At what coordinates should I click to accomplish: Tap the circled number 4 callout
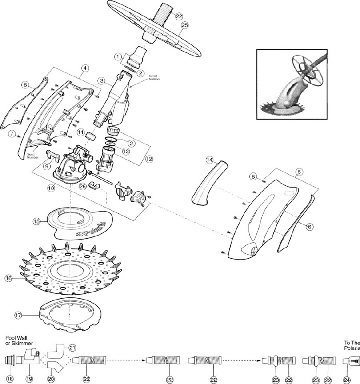tap(85, 68)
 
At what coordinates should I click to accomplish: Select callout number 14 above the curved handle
tap(210, 160)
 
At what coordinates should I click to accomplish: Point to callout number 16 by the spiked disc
tap(8, 278)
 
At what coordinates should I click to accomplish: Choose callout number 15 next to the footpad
tap(37, 221)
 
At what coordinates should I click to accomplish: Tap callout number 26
tap(82, 187)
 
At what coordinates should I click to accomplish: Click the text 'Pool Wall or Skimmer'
tap(16, 340)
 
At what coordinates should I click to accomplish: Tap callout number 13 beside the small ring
tap(126, 152)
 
